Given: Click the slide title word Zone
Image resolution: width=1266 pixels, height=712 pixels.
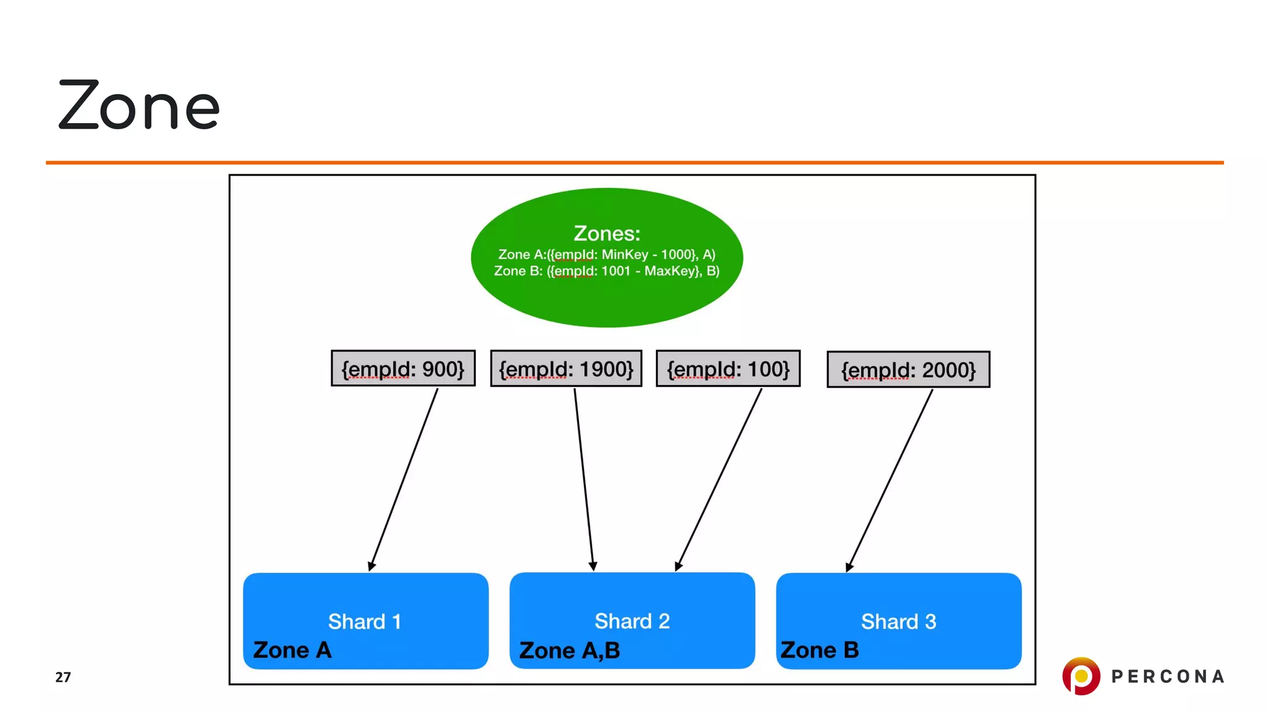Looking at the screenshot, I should [x=139, y=106].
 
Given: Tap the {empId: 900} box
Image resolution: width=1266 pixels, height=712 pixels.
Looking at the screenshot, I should [x=403, y=369].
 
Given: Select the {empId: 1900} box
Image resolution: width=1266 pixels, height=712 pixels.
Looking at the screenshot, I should [x=566, y=369].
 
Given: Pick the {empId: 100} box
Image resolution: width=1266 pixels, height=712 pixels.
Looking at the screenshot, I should [x=728, y=369].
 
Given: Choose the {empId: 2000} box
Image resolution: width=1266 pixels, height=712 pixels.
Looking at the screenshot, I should [x=908, y=370].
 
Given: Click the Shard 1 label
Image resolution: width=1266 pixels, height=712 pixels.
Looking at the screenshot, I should [x=365, y=621].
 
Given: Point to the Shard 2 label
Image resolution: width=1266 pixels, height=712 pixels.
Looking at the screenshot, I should [x=632, y=621].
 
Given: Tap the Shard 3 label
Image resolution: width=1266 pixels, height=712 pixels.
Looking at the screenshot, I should [x=898, y=621].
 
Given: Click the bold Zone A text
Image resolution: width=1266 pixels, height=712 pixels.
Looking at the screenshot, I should [x=292, y=650].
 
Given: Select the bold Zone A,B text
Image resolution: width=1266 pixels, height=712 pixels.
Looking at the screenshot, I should [x=569, y=651].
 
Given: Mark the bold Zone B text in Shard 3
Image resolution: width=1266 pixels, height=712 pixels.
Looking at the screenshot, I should [x=820, y=650].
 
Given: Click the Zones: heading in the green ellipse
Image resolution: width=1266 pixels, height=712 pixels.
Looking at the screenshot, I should [x=606, y=234].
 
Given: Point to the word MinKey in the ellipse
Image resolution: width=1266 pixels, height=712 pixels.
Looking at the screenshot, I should [x=625, y=255].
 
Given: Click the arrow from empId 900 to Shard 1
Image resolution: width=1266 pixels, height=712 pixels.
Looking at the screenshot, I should [x=403, y=479].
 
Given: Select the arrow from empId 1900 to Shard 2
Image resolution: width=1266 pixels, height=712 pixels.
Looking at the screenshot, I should [x=584, y=479].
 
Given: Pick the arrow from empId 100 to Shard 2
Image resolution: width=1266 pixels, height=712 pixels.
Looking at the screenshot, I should [x=720, y=479].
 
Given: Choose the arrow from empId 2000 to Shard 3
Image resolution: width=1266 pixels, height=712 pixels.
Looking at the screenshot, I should [x=890, y=479].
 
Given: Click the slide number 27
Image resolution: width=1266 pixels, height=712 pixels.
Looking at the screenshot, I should [x=63, y=677].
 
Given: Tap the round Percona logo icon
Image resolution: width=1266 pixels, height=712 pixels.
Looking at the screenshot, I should [x=1081, y=676].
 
